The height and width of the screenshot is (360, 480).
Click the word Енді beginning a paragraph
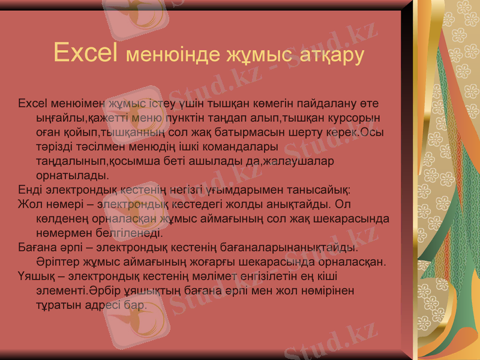pos(29,191)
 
